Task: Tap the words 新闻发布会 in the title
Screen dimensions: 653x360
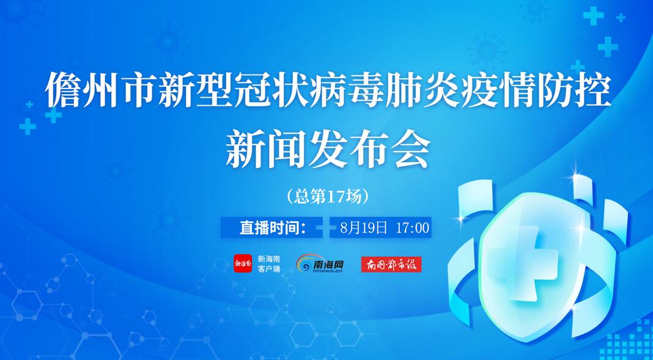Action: tap(328, 147)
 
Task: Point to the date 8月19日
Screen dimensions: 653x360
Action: tap(364, 227)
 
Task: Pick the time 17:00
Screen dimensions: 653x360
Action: tap(413, 227)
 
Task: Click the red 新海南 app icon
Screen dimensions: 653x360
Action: tap(242, 263)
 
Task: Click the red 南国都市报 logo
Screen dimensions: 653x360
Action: tap(391, 264)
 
